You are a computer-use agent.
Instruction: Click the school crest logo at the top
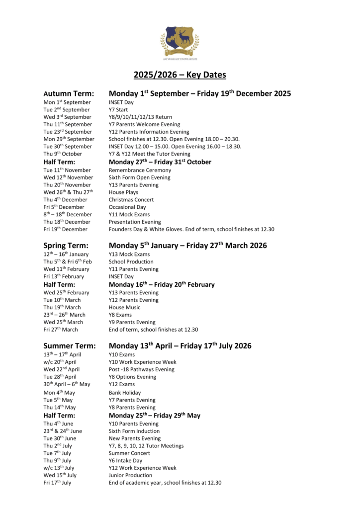click(x=180, y=42)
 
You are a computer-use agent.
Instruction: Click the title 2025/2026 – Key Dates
click(x=180, y=75)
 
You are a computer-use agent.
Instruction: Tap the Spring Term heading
click(x=66, y=246)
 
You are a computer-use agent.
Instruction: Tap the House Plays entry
click(x=123, y=192)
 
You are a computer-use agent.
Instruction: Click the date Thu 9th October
click(x=62, y=154)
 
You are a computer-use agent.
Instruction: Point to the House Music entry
click(x=124, y=307)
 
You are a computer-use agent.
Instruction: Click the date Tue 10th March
click(x=62, y=300)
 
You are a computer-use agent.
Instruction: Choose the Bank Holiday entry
click(x=125, y=393)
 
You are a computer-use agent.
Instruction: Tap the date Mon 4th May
click(x=59, y=393)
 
